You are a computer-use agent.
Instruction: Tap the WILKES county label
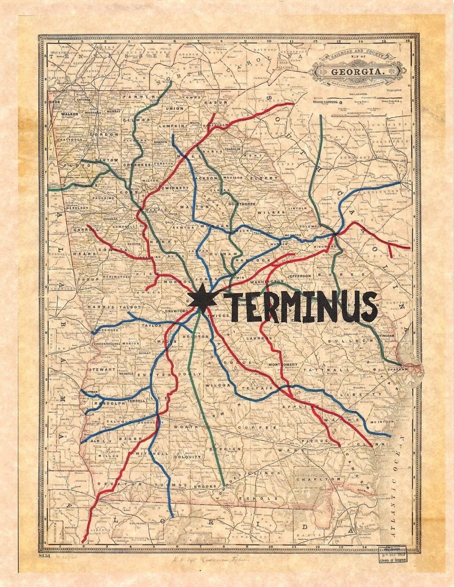point(276,212)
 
